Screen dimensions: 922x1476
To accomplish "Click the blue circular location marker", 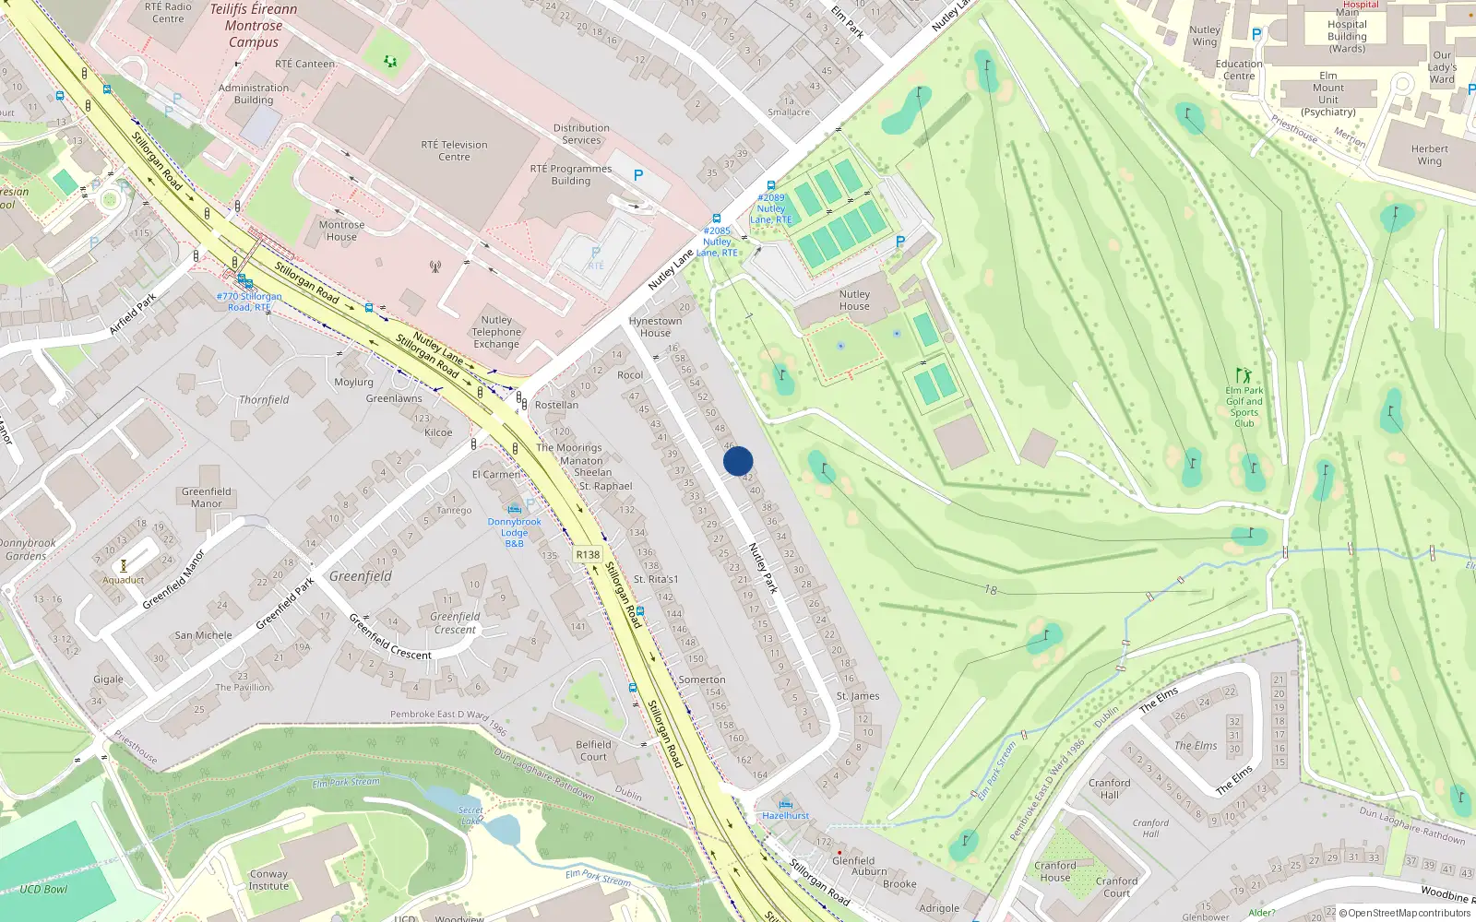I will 738,461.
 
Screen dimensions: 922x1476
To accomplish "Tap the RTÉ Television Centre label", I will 454,150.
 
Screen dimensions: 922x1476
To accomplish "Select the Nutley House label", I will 854,301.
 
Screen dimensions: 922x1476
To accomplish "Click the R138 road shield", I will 588,554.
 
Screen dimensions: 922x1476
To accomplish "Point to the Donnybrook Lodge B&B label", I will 515,532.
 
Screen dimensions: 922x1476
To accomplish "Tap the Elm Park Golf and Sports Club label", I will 1244,407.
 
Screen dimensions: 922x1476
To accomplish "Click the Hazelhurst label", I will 786,815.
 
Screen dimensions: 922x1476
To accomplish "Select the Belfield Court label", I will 593,751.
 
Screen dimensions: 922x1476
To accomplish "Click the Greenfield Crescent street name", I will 389,636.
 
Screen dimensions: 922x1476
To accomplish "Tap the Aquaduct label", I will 124,580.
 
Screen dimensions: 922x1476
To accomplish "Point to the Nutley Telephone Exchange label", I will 496,332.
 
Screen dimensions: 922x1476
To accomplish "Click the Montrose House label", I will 341,230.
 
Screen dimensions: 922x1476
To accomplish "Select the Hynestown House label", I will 655,327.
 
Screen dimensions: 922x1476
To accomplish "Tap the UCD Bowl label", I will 43,890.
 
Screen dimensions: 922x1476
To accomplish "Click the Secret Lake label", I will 470,815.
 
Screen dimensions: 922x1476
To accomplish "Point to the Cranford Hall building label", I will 1109,788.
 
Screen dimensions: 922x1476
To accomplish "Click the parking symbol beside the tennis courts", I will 900,242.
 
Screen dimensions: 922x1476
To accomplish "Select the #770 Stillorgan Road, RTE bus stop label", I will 249,301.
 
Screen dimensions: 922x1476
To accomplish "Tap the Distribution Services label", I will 581,135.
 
